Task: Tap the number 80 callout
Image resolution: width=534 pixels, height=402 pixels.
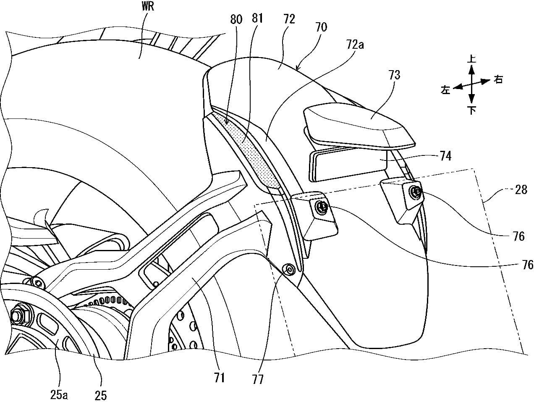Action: [236, 19]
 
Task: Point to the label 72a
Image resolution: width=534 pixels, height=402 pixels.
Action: [355, 45]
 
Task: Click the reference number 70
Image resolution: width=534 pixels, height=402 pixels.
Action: [321, 27]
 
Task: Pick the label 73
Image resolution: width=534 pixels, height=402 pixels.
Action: [394, 75]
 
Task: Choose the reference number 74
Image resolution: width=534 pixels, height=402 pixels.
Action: [445, 156]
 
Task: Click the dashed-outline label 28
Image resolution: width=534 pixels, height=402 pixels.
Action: [521, 190]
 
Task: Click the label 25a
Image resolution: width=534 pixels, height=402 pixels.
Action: [59, 395]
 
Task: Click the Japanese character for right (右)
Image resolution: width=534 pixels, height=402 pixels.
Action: [498, 79]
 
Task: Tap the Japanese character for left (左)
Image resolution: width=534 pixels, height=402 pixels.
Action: [445, 90]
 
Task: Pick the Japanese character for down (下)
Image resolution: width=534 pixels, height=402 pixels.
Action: [472, 110]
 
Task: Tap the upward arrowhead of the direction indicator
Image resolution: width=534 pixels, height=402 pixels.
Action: [472, 71]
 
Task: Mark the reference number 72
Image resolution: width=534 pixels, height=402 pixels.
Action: [289, 19]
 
